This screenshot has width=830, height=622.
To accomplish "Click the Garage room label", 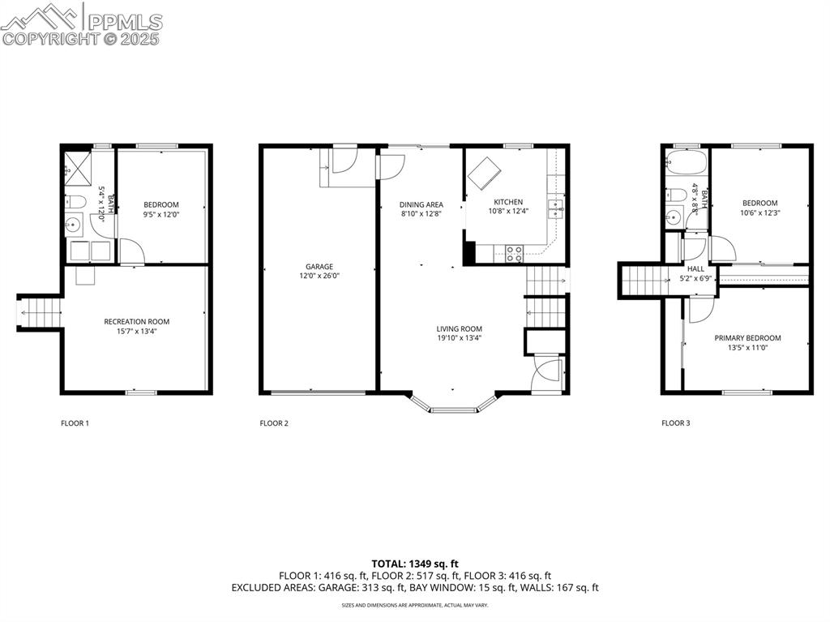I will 319,267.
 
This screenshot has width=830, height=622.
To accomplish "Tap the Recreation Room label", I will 136,322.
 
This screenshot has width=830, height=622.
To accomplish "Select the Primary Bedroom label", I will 747,338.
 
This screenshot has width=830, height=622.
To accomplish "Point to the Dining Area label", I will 421,204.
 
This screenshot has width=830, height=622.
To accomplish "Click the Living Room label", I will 459,329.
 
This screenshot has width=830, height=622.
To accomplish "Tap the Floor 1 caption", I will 75,423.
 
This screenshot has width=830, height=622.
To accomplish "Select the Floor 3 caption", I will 676,423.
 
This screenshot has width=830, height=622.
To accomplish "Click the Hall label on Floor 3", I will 695,269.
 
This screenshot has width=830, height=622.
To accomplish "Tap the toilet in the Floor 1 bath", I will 75,202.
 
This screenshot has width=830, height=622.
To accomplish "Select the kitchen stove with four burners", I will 514,254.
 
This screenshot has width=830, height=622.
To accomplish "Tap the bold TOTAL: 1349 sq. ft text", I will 415,564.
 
